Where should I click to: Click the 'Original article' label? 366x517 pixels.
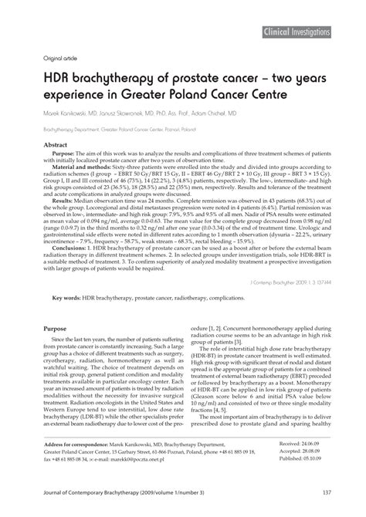[49, 57]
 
